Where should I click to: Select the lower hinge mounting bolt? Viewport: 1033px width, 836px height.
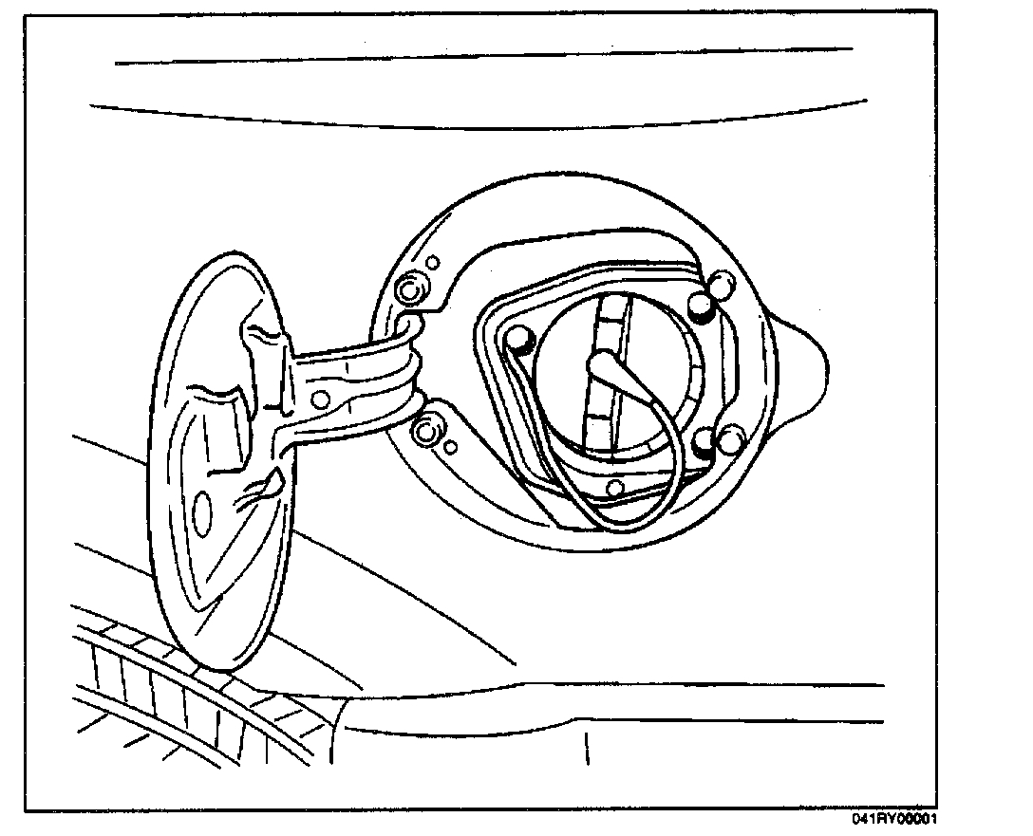coord(426,432)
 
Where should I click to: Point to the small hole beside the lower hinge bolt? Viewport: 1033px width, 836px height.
coord(451,446)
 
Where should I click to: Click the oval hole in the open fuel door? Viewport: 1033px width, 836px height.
coord(202,509)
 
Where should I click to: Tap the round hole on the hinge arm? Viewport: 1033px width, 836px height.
coord(321,397)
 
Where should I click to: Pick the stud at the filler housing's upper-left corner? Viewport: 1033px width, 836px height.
coord(518,338)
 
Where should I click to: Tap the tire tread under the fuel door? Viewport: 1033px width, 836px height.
coord(171,702)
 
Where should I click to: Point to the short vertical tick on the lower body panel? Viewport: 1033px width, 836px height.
coord(586,748)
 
